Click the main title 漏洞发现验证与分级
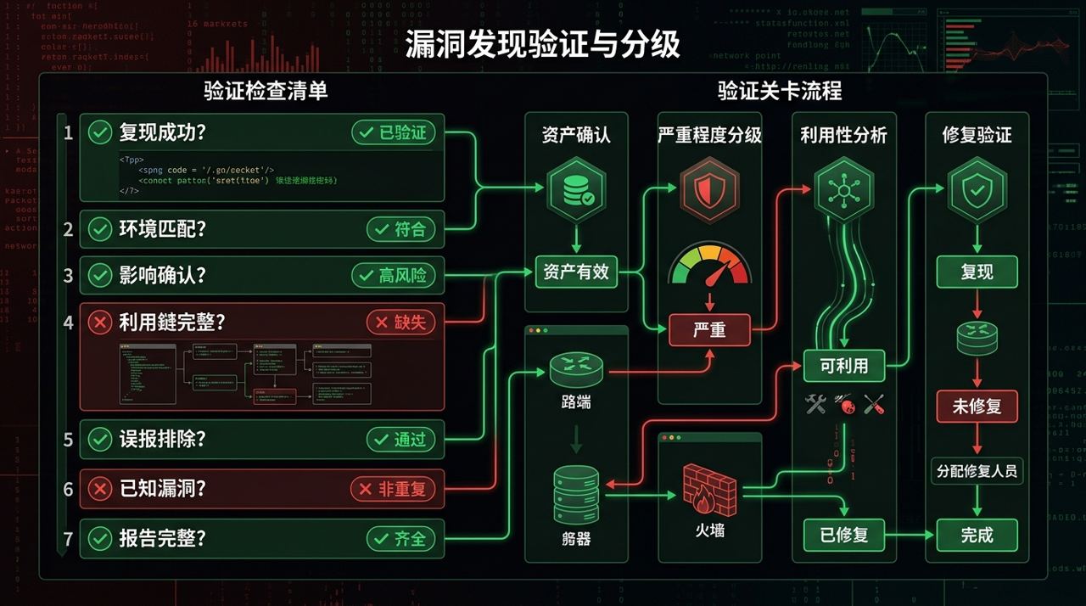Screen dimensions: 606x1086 pyautogui.click(x=542, y=44)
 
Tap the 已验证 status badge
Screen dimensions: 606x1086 pyautogui.click(x=394, y=132)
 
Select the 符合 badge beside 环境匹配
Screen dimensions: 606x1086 pyautogui.click(x=401, y=229)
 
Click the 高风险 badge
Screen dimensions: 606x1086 pyautogui.click(x=394, y=275)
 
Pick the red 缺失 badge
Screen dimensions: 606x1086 pyautogui.click(x=401, y=323)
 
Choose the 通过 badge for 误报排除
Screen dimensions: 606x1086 pyautogui.click(x=401, y=440)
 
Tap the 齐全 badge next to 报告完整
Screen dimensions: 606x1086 pyautogui.click(x=401, y=538)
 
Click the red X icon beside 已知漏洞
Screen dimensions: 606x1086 pyautogui.click(x=100, y=489)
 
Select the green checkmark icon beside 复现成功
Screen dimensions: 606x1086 pyautogui.click(x=100, y=132)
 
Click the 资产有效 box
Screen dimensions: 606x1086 pyautogui.click(x=576, y=273)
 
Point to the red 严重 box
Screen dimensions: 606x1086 pyautogui.click(x=709, y=329)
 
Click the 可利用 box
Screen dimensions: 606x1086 pyautogui.click(x=843, y=366)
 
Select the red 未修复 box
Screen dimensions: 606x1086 pyautogui.click(x=977, y=406)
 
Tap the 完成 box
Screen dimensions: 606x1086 pyautogui.click(x=977, y=535)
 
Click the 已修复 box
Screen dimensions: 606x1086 pyautogui.click(x=843, y=535)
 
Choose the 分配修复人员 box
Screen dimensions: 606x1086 pyautogui.click(x=977, y=470)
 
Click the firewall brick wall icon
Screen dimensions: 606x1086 pyautogui.click(x=709, y=489)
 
